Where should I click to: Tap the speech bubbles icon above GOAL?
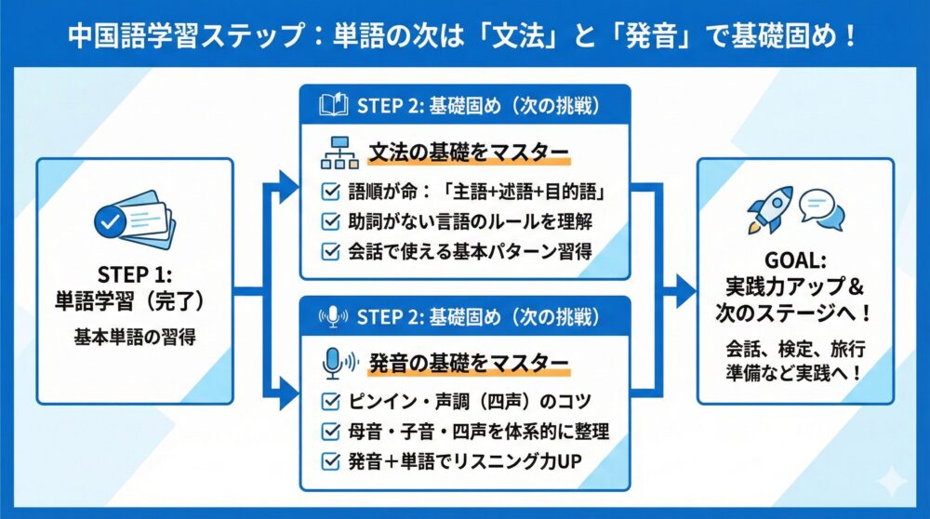[x=821, y=209]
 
